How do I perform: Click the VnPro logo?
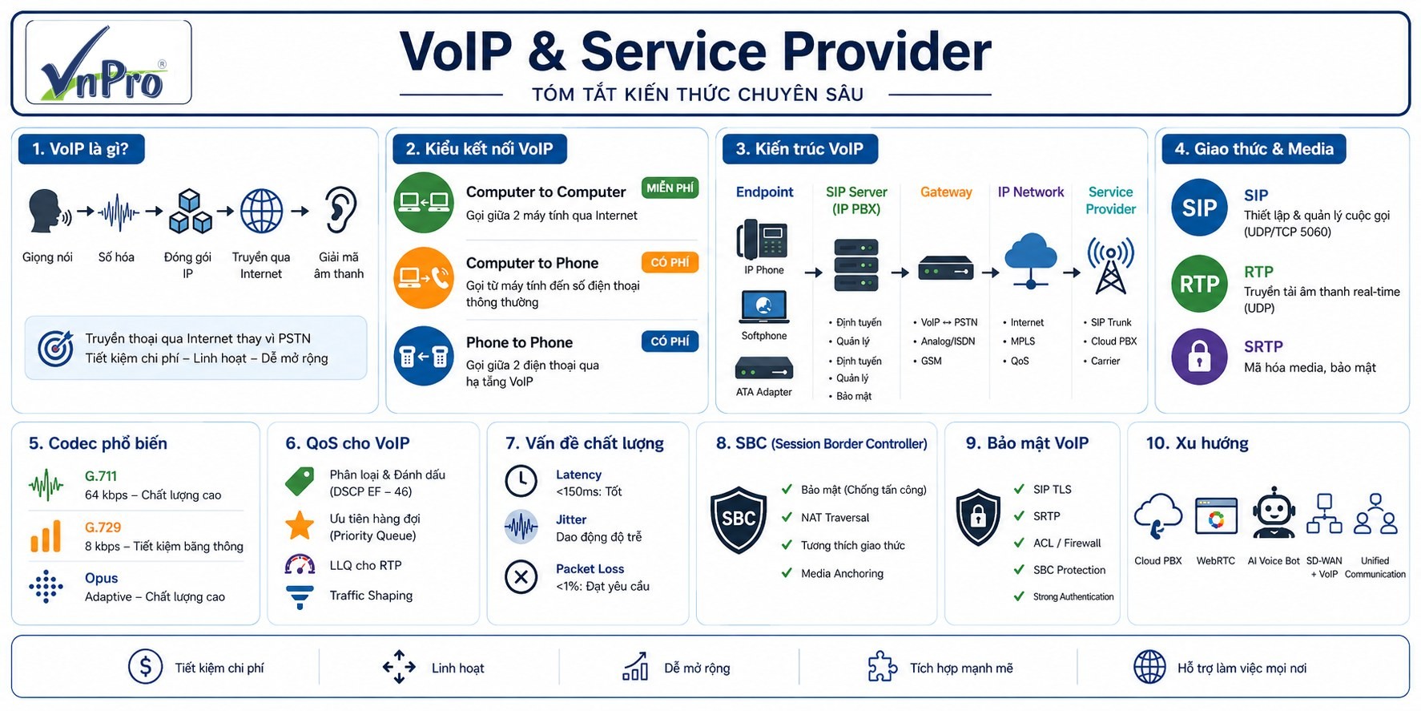(x=108, y=63)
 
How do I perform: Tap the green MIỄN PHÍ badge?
(x=670, y=188)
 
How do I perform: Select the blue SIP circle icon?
(x=1199, y=208)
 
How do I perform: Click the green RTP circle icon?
(x=1199, y=284)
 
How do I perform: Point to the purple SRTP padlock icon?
(x=1199, y=357)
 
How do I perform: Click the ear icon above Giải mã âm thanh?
(x=340, y=210)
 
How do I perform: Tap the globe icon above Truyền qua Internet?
(x=262, y=211)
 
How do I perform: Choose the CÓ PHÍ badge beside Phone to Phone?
(x=670, y=341)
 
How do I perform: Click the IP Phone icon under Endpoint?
(x=763, y=239)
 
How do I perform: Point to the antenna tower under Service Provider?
(x=1110, y=265)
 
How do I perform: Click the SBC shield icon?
(x=739, y=519)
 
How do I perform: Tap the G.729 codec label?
(x=103, y=527)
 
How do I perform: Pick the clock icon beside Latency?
(x=521, y=481)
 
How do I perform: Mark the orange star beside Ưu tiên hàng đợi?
(x=300, y=526)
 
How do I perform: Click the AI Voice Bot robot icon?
(x=1274, y=513)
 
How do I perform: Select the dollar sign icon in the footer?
(x=145, y=667)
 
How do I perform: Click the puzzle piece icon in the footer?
(x=882, y=666)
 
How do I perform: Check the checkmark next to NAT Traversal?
(x=787, y=518)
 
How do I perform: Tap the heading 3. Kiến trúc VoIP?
(x=799, y=149)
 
